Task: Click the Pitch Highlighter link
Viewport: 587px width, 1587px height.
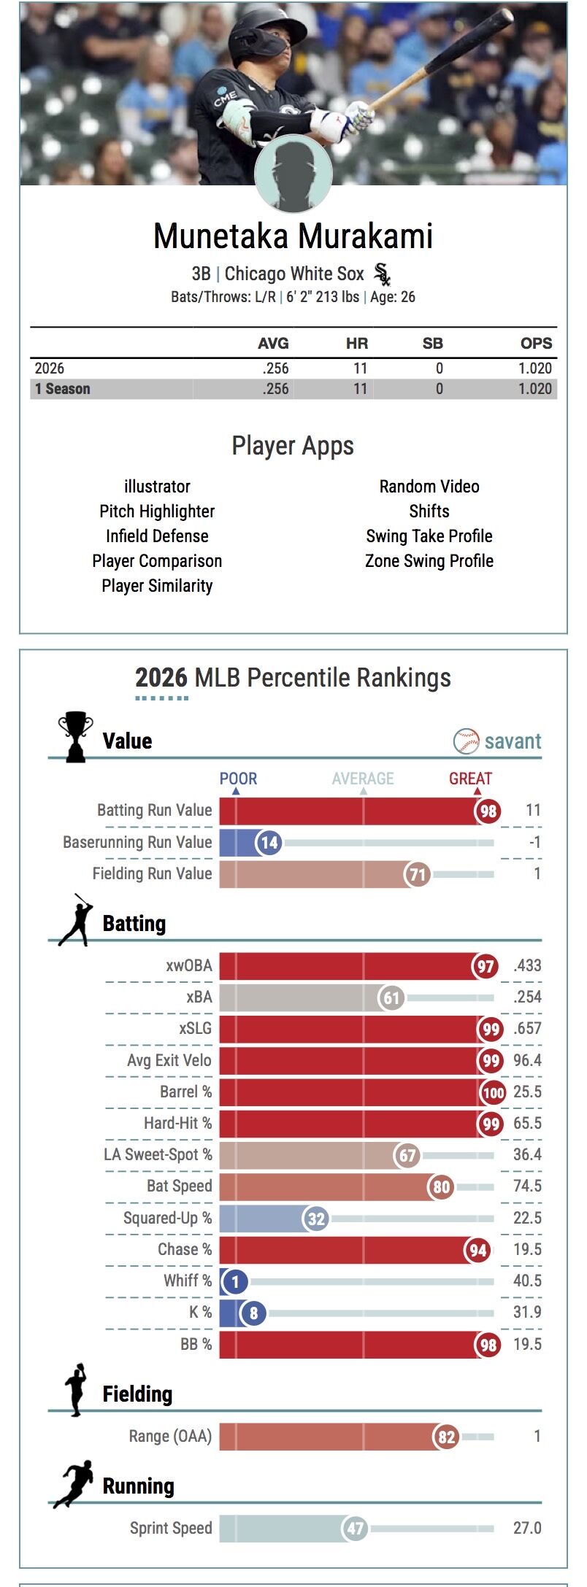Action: [157, 511]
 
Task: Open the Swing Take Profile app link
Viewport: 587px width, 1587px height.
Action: [429, 536]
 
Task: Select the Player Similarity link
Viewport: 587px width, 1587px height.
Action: [157, 586]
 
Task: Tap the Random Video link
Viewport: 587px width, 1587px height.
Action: [429, 487]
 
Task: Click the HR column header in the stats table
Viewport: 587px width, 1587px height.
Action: [356, 343]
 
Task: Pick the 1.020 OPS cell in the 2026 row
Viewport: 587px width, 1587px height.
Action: [535, 368]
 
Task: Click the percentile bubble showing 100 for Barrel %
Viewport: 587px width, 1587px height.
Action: [494, 1092]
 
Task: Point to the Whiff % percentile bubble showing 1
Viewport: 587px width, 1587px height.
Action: [235, 1281]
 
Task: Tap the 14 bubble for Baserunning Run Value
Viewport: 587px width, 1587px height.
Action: [269, 843]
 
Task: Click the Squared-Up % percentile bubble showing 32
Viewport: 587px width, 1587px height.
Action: [316, 1219]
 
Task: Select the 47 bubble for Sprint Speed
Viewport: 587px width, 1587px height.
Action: [356, 1529]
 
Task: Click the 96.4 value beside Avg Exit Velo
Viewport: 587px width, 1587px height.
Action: [527, 1060]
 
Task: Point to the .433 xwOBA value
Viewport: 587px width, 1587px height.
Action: [527, 966]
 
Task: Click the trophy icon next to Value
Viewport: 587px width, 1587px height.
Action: [75, 737]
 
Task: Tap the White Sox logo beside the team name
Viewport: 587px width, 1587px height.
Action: [382, 274]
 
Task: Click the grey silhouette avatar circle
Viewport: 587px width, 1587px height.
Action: [293, 174]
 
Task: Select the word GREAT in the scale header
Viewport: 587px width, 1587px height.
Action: [470, 779]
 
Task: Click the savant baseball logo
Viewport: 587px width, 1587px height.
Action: [466, 741]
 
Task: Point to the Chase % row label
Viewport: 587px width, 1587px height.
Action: [185, 1250]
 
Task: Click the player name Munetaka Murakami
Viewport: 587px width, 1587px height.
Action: [293, 236]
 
